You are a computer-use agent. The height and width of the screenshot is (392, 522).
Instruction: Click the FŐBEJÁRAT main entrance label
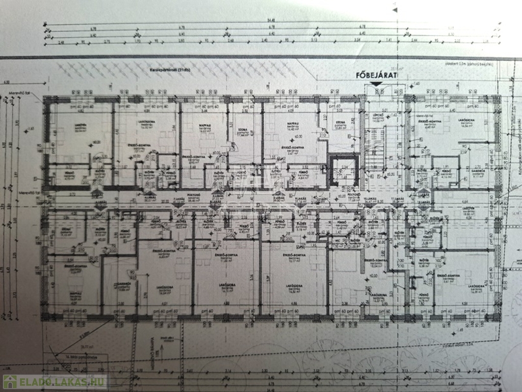[376, 76]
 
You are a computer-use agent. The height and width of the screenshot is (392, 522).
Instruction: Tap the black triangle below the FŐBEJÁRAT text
[376, 84]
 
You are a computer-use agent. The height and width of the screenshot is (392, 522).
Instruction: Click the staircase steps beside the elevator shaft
[376, 153]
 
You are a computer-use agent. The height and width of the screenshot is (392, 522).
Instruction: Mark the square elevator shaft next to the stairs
[343, 171]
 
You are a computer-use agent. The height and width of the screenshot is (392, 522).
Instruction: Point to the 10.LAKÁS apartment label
[355, 199]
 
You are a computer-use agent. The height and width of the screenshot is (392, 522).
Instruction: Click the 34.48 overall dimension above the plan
[269, 21]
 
